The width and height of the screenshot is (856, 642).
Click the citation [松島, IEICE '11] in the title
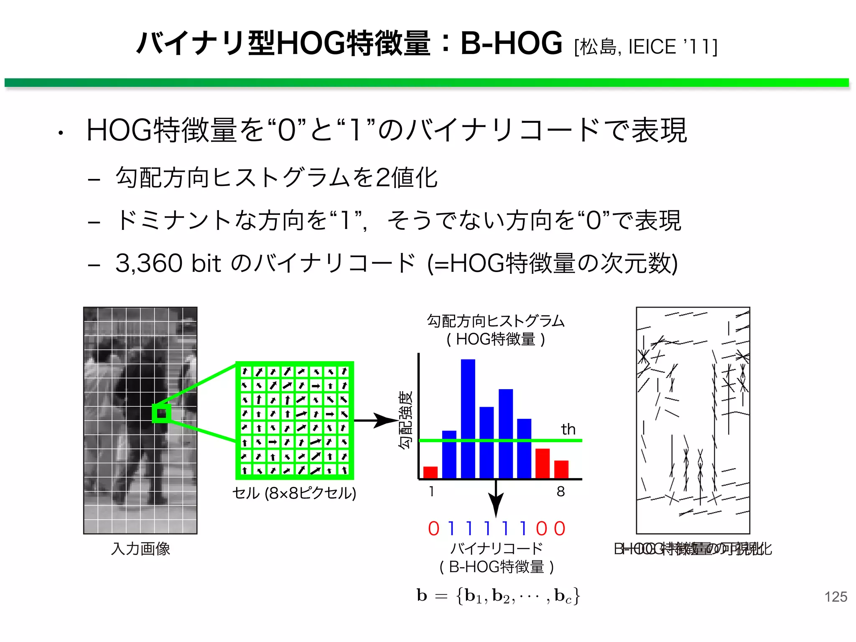click(x=646, y=47)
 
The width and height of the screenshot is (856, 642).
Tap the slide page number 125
click(x=836, y=596)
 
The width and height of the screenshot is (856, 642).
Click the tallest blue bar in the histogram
click(x=468, y=418)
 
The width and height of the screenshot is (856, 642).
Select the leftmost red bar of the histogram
click(x=430, y=472)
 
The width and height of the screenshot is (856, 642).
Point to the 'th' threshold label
click(x=568, y=429)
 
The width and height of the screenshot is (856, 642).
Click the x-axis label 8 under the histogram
click(x=560, y=492)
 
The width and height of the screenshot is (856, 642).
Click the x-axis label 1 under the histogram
click(x=431, y=492)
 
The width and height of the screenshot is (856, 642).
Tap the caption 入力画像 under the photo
click(x=140, y=549)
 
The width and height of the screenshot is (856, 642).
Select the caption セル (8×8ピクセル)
click(x=294, y=493)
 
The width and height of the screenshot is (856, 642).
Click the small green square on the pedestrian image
click(x=161, y=414)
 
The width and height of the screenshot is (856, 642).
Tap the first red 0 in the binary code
click(x=434, y=529)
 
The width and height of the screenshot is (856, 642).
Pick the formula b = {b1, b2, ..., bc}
click(x=498, y=596)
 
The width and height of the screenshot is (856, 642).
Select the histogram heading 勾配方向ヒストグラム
click(x=496, y=321)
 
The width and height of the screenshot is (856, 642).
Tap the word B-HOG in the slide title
click(x=511, y=43)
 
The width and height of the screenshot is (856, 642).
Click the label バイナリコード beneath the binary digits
click(x=497, y=548)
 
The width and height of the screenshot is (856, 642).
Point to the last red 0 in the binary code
click(x=560, y=529)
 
